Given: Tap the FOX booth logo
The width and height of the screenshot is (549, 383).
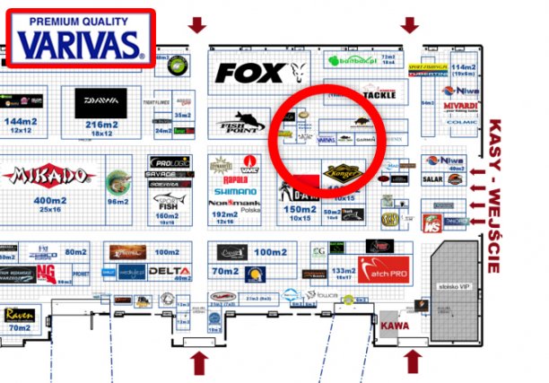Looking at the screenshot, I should [250, 73].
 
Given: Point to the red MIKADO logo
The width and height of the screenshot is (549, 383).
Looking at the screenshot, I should [48, 175].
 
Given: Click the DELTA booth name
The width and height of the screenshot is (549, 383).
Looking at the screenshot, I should [169, 271].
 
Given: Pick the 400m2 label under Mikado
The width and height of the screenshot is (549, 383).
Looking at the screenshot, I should [49, 199].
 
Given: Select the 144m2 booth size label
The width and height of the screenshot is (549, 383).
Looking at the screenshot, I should [18, 120].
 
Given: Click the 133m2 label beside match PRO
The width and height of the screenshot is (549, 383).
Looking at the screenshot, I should [343, 270].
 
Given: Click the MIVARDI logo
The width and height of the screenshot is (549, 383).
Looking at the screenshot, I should [460, 105].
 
